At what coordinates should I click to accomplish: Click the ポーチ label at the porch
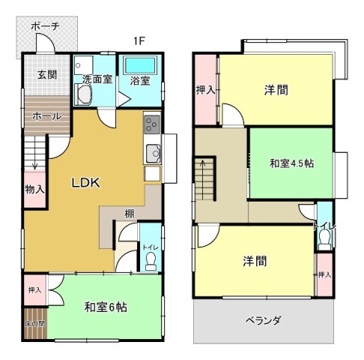click(x=46, y=26)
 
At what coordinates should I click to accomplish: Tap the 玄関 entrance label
click(x=47, y=74)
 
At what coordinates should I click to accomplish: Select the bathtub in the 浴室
click(x=140, y=65)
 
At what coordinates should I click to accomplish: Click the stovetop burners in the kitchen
click(x=152, y=124)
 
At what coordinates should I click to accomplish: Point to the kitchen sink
click(x=152, y=154)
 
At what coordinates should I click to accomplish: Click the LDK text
click(x=86, y=183)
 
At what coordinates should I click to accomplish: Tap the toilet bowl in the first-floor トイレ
click(x=151, y=261)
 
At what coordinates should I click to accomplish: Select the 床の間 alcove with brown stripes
click(x=36, y=323)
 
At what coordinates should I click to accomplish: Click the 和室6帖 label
click(x=106, y=307)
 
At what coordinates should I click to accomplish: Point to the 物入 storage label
click(x=34, y=189)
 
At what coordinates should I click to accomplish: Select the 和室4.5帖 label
click(x=291, y=163)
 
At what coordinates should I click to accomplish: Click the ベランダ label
click(x=264, y=320)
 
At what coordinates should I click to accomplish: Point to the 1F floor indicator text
click(x=139, y=41)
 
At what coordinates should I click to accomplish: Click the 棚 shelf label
click(x=130, y=214)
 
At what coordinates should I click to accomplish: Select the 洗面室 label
click(x=97, y=79)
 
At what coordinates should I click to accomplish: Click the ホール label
click(x=47, y=116)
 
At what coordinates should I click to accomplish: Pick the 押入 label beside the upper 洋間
click(x=205, y=90)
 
